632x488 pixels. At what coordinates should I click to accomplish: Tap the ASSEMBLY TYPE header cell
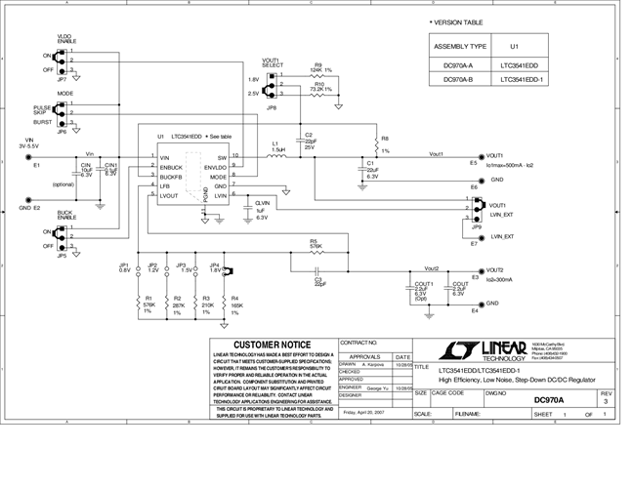pyautogui.click(x=457, y=46)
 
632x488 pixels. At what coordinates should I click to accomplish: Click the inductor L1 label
pyautogui.click(x=277, y=146)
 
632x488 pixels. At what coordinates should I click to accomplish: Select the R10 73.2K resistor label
pyautogui.click(x=319, y=87)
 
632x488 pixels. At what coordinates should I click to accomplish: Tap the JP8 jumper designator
pyautogui.click(x=272, y=107)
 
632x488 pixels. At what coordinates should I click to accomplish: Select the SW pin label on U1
pyautogui.click(x=222, y=157)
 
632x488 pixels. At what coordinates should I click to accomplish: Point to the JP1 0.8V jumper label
pyautogui.click(x=124, y=267)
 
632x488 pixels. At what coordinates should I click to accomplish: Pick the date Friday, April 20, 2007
pyautogui.click(x=363, y=412)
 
